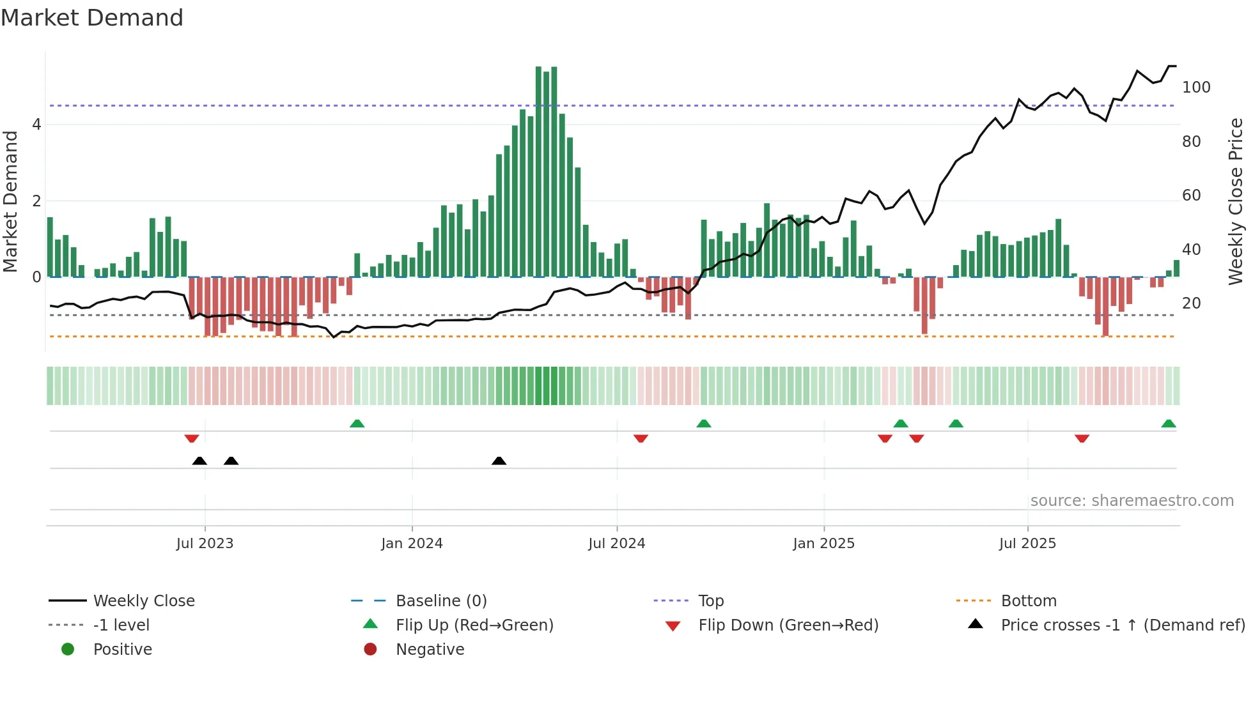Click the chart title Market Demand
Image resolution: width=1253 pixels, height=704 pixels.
click(x=92, y=18)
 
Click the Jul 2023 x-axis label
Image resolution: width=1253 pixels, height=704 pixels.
click(x=205, y=544)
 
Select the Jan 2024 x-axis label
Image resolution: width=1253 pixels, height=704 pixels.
click(x=412, y=544)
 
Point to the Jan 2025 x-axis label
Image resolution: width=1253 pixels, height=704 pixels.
click(x=823, y=544)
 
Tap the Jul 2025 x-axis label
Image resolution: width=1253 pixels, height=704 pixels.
click(x=1027, y=544)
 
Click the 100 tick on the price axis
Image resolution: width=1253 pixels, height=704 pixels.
click(x=1196, y=88)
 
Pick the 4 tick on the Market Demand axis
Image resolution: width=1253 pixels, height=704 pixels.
click(x=36, y=125)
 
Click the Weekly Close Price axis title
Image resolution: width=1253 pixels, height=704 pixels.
click(x=1236, y=201)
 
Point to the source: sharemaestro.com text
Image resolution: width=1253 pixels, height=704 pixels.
click(x=1132, y=501)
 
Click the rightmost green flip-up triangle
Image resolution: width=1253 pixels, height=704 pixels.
click(x=1169, y=424)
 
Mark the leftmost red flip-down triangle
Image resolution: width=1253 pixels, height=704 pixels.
click(x=191, y=438)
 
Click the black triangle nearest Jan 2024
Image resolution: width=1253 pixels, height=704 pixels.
click(x=499, y=461)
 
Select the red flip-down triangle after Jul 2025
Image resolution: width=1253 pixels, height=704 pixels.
click(x=1082, y=438)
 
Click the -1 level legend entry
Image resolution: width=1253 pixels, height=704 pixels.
click(x=121, y=625)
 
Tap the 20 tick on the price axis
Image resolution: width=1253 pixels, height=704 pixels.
click(x=1192, y=303)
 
